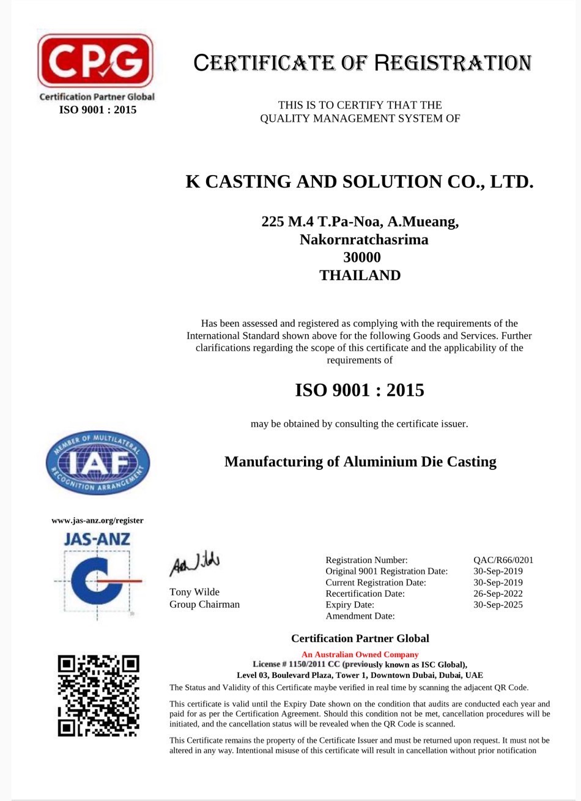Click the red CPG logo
(95, 61)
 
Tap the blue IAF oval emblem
(98, 463)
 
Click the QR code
(98, 696)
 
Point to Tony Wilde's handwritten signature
(194, 562)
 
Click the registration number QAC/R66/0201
(503, 560)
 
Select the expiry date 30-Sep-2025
(498, 605)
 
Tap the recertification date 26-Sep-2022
(498, 594)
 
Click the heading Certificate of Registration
(362, 63)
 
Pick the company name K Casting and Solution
(360, 182)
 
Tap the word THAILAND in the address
(360, 275)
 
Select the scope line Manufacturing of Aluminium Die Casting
(360, 461)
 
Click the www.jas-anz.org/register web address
(97, 521)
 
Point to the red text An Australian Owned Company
(360, 654)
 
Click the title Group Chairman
(204, 605)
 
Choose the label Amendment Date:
(360, 616)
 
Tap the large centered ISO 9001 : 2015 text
(360, 390)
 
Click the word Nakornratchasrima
(363, 240)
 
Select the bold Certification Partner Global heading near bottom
(360, 639)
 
